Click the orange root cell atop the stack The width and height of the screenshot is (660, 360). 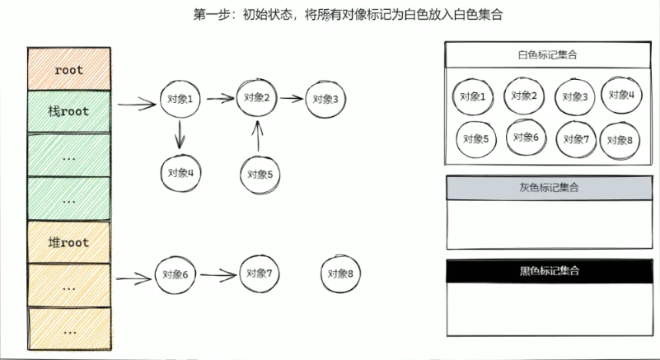tap(69, 69)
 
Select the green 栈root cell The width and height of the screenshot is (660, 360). tap(69, 111)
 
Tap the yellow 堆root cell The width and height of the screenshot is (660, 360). tap(69, 243)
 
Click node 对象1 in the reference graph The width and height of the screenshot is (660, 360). tap(180, 100)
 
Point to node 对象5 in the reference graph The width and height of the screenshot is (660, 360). tap(260, 174)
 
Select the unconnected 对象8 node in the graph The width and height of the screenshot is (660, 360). tap(339, 274)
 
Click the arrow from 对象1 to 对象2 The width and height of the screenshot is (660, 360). tap(220, 99)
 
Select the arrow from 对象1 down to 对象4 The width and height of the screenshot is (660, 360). tap(180, 134)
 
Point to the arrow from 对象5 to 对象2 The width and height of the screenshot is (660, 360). tap(259, 136)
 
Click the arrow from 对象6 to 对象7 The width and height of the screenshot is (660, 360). tap(218, 274)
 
